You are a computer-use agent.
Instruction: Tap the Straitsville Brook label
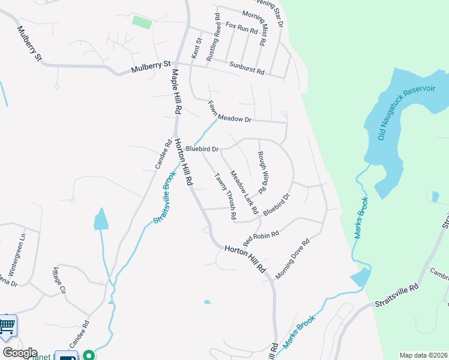click(164, 197)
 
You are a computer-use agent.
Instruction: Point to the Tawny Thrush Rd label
click(226, 196)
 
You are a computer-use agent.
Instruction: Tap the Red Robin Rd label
click(261, 238)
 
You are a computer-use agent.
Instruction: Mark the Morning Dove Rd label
click(292, 258)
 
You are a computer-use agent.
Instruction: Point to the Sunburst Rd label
click(246, 67)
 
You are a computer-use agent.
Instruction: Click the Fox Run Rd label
click(241, 27)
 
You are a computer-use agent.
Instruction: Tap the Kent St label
click(195, 49)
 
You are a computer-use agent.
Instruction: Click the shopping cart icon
click(7, 326)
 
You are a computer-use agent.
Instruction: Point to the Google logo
click(20, 353)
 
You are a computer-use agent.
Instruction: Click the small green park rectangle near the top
click(142, 22)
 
